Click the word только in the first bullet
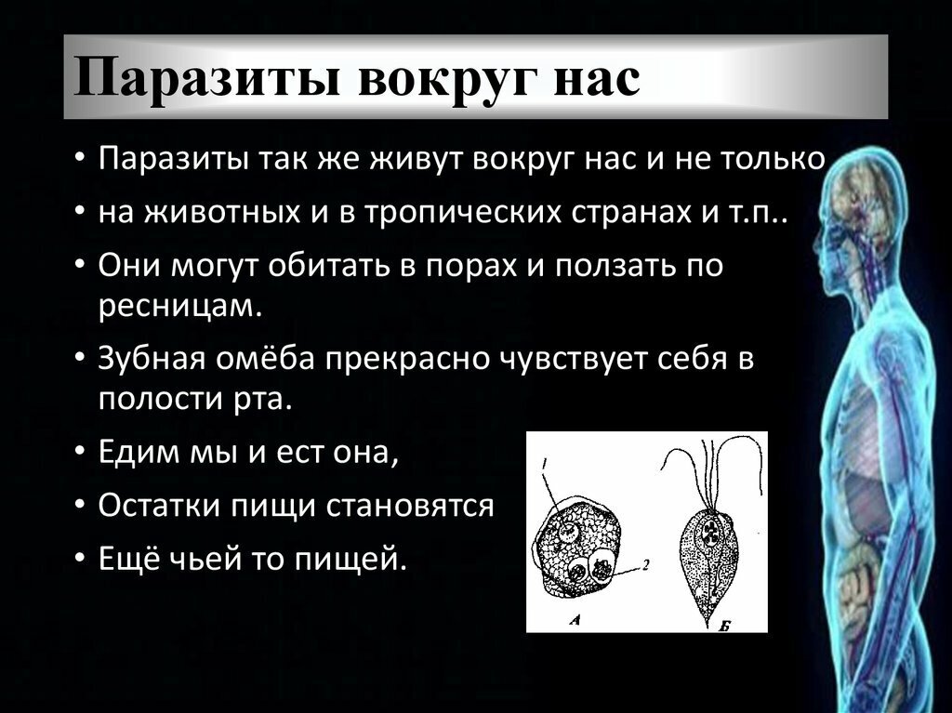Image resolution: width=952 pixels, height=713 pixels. pyautogui.click(x=773, y=159)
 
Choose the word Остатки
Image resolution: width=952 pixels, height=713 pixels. pyautogui.click(x=158, y=506)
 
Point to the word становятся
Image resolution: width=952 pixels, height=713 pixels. pyautogui.click(x=410, y=506)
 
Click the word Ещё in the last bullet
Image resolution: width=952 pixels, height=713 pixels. pyautogui.click(x=126, y=558)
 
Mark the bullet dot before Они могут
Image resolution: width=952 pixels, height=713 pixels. pyautogui.click(x=79, y=267)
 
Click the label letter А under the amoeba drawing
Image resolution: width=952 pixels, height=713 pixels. pyautogui.click(x=575, y=620)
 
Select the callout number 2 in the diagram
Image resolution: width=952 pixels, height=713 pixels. pyautogui.click(x=646, y=565)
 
